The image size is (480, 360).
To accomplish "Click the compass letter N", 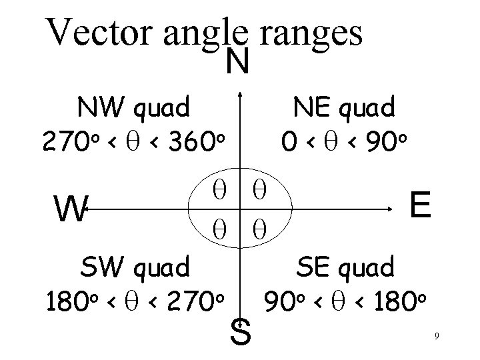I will click(x=238, y=63).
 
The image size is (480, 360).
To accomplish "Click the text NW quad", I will click(x=133, y=106).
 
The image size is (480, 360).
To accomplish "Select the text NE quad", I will click(x=347, y=106).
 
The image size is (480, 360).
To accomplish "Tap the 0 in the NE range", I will click(x=289, y=141).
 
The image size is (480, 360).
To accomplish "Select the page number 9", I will click(x=435, y=336).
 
